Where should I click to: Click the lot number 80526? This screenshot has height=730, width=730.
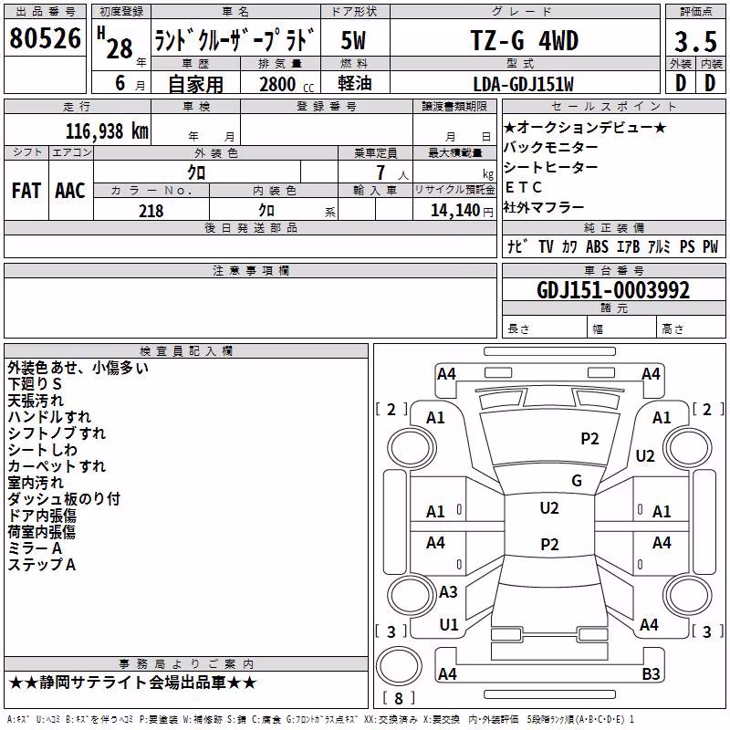(x=45, y=38)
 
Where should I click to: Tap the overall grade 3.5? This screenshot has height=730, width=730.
(x=695, y=41)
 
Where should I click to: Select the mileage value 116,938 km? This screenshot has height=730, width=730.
(x=107, y=131)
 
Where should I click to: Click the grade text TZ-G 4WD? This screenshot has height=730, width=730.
(x=525, y=40)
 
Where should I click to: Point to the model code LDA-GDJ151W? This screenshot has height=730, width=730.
(x=523, y=84)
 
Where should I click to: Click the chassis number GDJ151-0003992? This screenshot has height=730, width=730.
(x=613, y=290)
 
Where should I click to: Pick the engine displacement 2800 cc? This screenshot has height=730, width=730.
(x=287, y=84)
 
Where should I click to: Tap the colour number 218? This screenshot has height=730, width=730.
(x=151, y=211)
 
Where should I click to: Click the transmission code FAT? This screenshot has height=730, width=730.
(x=26, y=191)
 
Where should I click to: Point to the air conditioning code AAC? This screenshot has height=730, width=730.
(x=70, y=191)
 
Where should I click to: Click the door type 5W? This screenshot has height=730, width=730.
(x=353, y=40)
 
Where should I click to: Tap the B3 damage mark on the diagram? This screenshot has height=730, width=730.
(x=651, y=673)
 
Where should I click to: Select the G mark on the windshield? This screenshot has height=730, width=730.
(x=577, y=480)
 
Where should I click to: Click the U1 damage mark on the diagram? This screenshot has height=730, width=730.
(x=449, y=625)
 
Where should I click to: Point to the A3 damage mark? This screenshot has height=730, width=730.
(x=448, y=592)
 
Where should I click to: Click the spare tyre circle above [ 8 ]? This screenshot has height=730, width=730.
(x=399, y=666)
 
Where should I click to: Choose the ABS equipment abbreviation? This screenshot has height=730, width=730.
(x=597, y=246)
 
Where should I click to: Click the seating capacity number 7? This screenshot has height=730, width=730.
(x=381, y=172)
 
